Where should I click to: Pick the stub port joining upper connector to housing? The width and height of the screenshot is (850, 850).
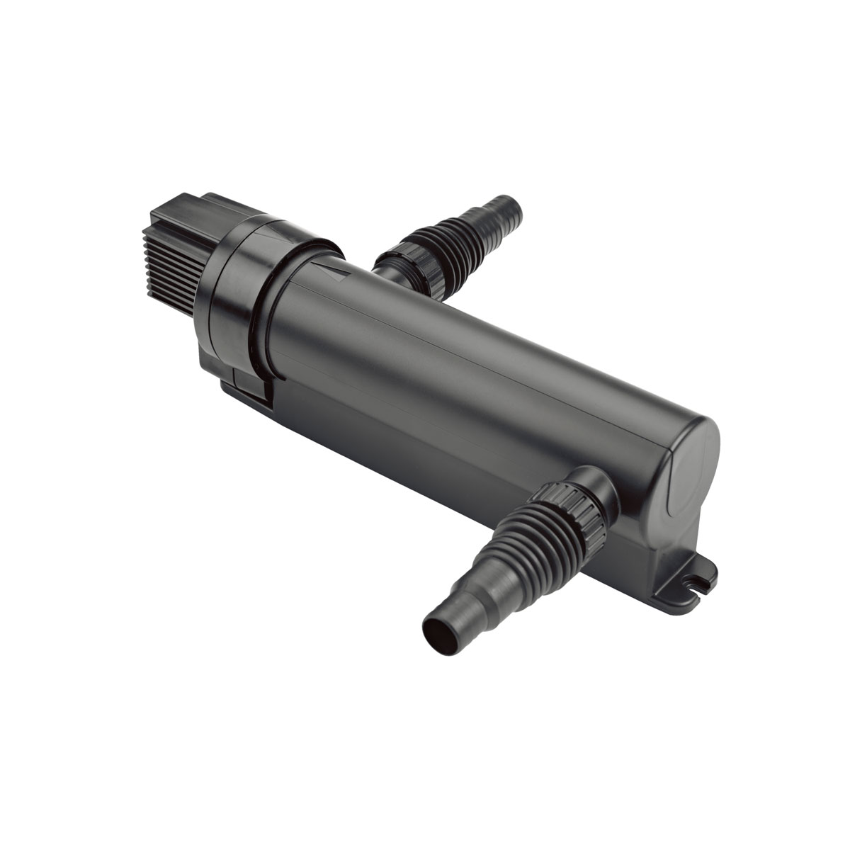click(x=387, y=273)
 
